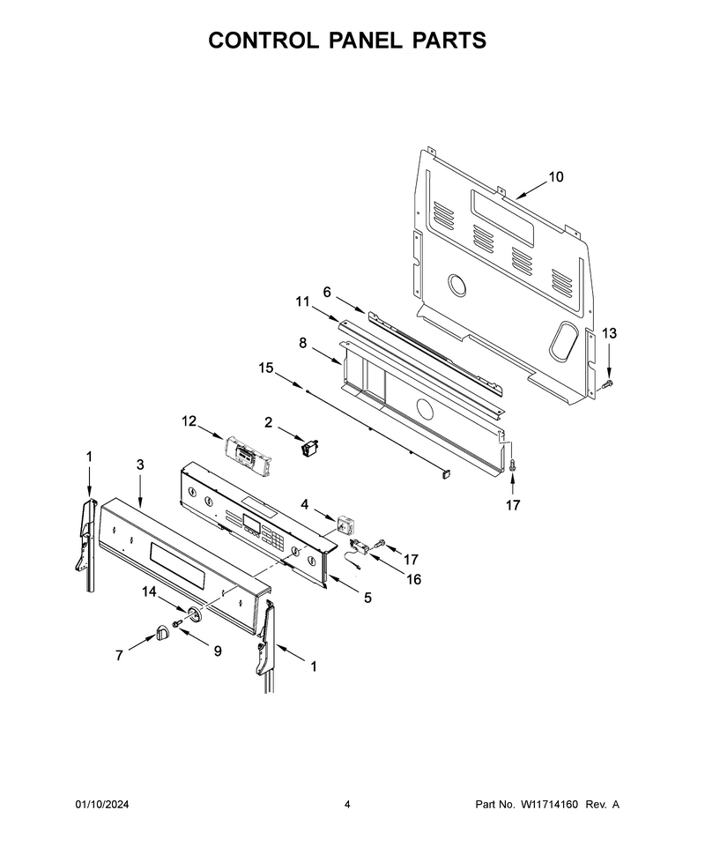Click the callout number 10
click(555, 176)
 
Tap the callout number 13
click(609, 332)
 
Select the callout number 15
click(265, 368)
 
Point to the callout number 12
click(189, 421)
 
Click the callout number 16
click(414, 579)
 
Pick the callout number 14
click(149, 591)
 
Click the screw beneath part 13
click(608, 385)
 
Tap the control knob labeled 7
click(161, 633)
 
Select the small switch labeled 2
click(309, 449)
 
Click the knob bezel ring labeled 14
click(195, 613)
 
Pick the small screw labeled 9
click(176, 623)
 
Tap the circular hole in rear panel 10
click(456, 286)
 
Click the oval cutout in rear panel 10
click(563, 340)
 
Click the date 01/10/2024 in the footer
click(101, 804)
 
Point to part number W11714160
click(549, 804)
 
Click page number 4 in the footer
click(347, 804)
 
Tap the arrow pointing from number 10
click(530, 190)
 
